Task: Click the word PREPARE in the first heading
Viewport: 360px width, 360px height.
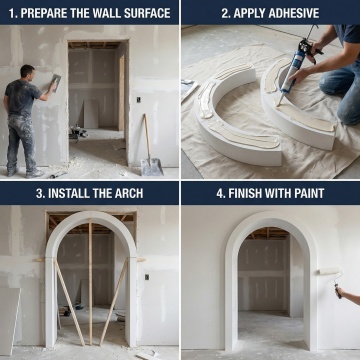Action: [41, 13]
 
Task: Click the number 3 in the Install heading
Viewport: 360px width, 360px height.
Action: [40, 193]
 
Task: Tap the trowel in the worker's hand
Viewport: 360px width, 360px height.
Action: [56, 81]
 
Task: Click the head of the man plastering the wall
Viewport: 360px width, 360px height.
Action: [27, 72]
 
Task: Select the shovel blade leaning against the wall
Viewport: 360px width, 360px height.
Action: [152, 167]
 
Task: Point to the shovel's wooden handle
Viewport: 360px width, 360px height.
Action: [147, 136]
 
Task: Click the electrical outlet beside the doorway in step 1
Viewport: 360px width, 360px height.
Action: [138, 99]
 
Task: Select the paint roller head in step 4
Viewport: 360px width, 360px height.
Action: [329, 271]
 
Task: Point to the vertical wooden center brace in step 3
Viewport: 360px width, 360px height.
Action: [90, 282]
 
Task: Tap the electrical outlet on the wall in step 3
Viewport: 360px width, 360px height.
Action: [147, 277]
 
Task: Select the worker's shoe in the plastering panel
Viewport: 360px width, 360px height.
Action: [35, 173]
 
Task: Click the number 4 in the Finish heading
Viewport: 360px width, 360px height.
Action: [220, 193]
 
